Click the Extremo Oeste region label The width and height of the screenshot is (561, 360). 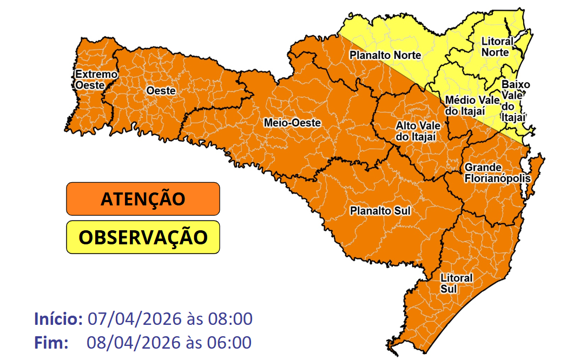96,79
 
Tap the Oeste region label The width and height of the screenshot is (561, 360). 161,91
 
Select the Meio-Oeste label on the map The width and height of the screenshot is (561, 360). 292,123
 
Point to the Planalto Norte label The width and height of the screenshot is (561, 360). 385,55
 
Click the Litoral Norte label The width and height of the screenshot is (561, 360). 496,47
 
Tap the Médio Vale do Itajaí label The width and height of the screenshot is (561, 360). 468,105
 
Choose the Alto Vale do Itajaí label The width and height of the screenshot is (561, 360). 418,131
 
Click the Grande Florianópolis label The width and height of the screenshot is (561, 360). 490,173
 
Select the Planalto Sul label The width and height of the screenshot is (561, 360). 380,210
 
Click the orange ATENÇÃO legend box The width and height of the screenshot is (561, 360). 143,199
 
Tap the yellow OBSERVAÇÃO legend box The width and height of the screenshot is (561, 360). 143,237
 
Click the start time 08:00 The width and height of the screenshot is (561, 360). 229,319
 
